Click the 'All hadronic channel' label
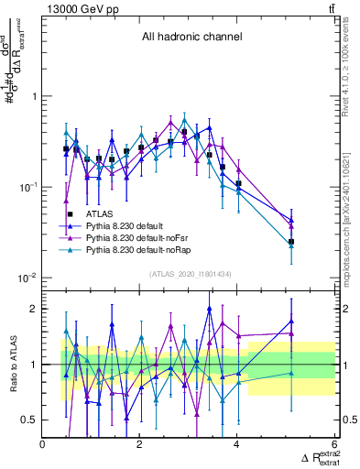pos(191,38)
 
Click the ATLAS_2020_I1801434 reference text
pos(190,275)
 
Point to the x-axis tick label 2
pos(140,445)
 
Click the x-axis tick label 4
pos(237,445)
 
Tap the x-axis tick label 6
pos(334,445)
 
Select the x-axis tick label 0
pos(43,445)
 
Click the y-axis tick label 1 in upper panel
pos(34,96)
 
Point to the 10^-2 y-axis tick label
pos(27,277)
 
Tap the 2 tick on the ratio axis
pos(34,309)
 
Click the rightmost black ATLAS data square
pos(291,242)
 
